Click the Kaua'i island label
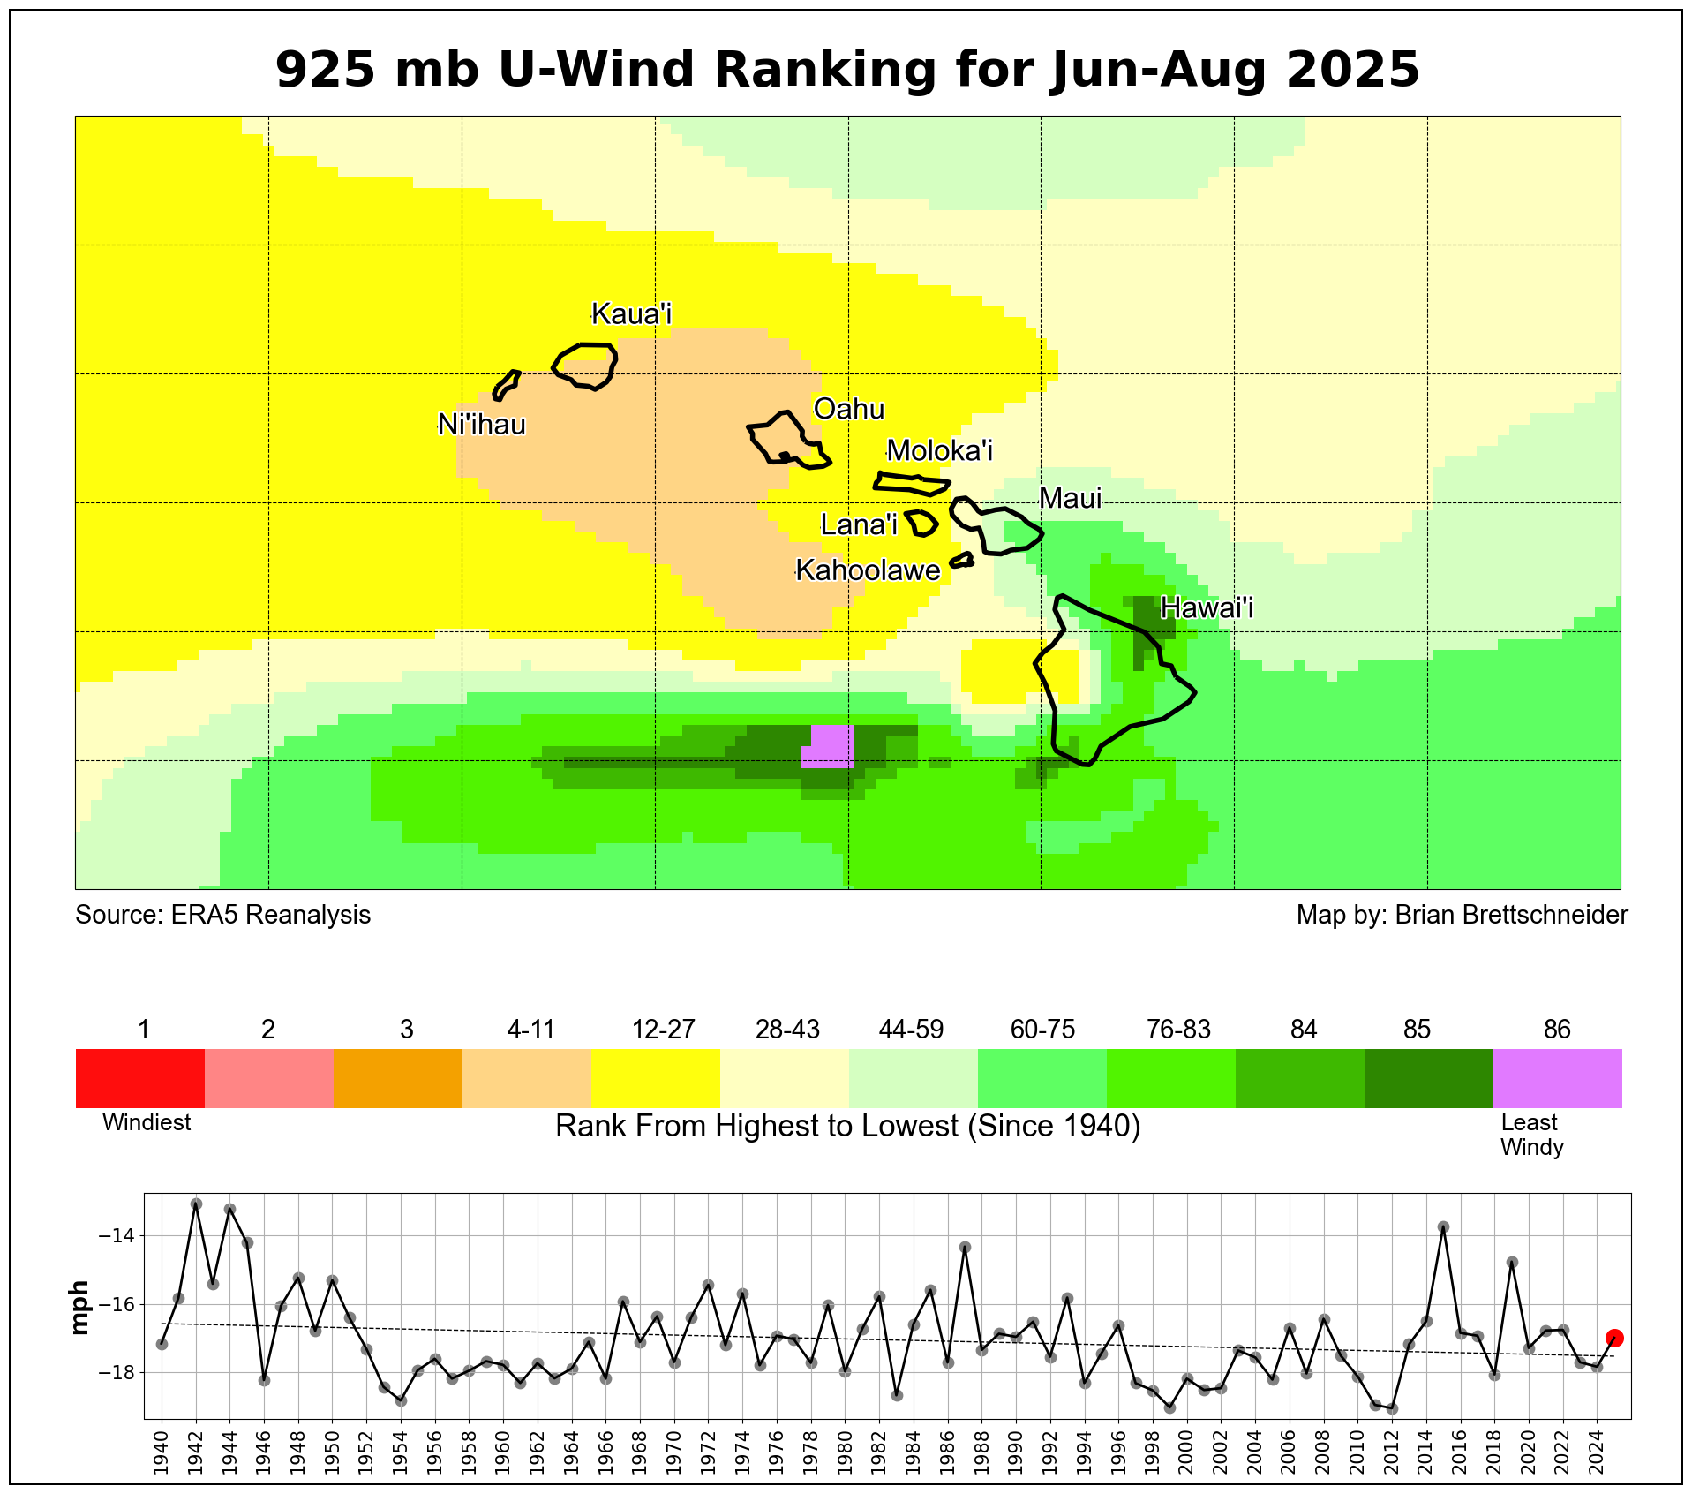tap(631, 313)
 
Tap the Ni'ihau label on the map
tap(481, 425)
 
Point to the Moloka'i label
tap(939, 450)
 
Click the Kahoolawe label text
tap(868, 570)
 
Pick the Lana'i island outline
tap(921, 523)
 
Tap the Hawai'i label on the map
tap(1207, 607)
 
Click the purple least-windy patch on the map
tap(831, 746)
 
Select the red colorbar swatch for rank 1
tap(139, 1077)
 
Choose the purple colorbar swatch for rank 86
tap(1557, 1077)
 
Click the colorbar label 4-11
tap(530, 1030)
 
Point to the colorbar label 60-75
tap(1042, 1030)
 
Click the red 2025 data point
tap(1614, 1338)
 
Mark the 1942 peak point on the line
tap(196, 1204)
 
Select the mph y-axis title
tap(80, 1308)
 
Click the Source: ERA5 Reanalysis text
tap(222, 915)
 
